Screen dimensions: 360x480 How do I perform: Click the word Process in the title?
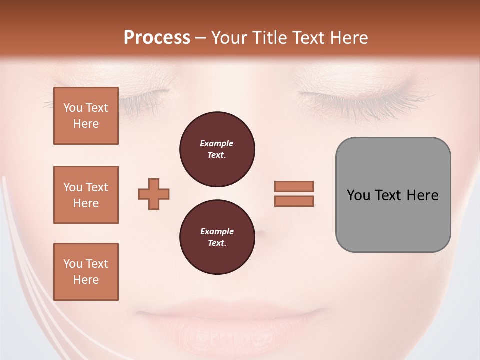(157, 38)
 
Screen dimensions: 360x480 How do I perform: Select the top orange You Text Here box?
(86, 116)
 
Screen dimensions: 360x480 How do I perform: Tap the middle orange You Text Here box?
(86, 195)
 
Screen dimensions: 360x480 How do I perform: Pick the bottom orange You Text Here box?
(86, 272)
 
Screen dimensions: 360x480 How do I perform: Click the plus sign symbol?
(154, 194)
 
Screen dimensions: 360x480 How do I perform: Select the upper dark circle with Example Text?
(217, 149)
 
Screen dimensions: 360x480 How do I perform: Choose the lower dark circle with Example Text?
(217, 237)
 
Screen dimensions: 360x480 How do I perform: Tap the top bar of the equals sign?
(294, 186)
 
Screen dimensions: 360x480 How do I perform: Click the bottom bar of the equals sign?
(294, 201)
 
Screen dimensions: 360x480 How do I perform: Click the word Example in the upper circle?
(217, 143)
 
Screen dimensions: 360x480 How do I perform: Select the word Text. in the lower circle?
(217, 243)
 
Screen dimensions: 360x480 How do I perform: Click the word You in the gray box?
(358, 195)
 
